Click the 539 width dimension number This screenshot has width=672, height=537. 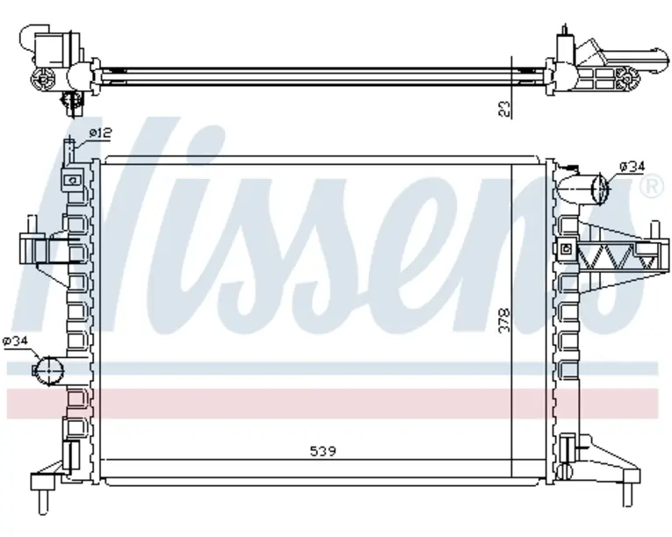point(322,451)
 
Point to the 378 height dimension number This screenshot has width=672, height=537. point(505,320)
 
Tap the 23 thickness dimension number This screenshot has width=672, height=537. point(506,109)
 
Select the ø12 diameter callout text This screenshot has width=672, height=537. point(100,133)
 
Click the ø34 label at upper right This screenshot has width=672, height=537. point(632,167)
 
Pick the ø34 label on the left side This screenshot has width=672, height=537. point(15,340)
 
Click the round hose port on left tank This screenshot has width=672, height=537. point(48,370)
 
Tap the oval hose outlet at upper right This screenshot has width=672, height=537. point(599,188)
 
